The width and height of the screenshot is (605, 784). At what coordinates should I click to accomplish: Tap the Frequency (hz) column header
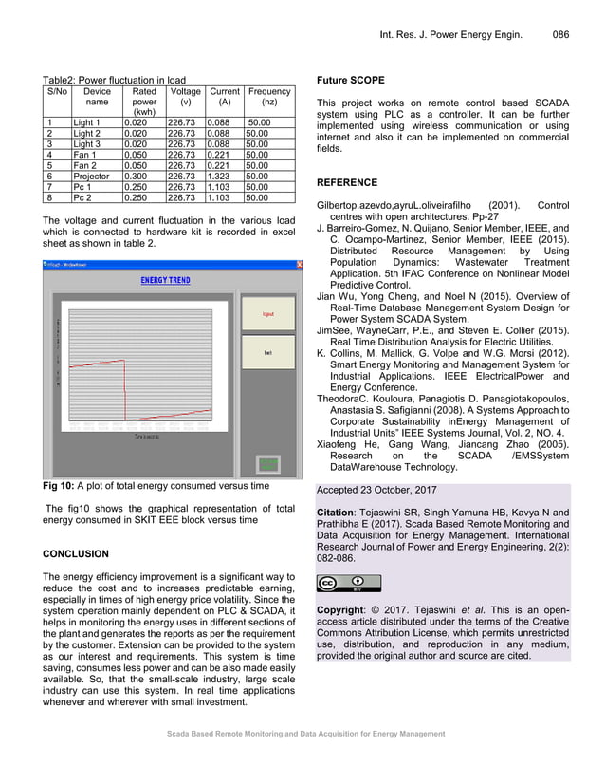click(x=268, y=98)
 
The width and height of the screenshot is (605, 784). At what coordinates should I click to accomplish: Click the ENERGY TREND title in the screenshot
click(x=165, y=281)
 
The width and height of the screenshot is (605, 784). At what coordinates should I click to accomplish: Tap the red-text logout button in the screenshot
click(x=268, y=312)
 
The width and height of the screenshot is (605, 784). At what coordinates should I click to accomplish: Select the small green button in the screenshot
click(x=269, y=464)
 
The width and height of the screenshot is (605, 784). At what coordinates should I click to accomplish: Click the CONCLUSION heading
click(x=76, y=553)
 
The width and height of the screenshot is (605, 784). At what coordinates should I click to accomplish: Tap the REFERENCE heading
click(x=346, y=182)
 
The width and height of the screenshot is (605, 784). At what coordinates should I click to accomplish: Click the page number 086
click(x=560, y=35)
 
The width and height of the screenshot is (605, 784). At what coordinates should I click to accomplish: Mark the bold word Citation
click(x=339, y=513)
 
